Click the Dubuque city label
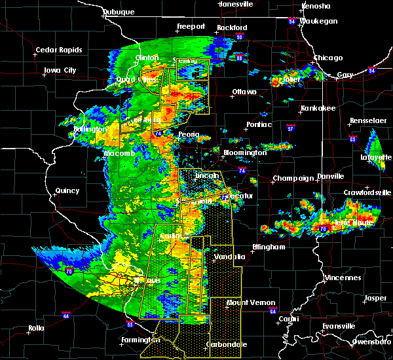[x=118, y=12]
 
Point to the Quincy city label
[x=67, y=190]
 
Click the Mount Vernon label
[x=246, y=302]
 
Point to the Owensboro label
[x=369, y=341]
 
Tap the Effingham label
[x=269, y=247]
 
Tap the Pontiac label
[x=258, y=124]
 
